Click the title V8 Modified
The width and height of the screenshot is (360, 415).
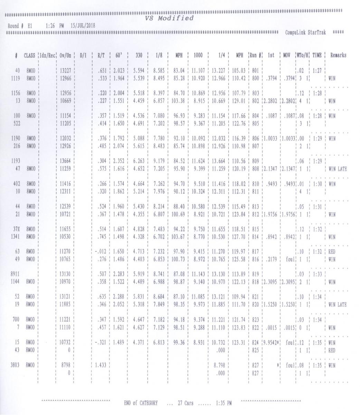[x=169, y=19]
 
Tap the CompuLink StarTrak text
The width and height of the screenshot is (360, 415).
[x=305, y=32]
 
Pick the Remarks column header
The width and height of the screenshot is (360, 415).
[x=338, y=55]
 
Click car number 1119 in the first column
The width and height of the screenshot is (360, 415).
[x=16, y=78]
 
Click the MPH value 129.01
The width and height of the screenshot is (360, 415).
[x=239, y=101]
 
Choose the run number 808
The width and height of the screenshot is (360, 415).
[x=255, y=169]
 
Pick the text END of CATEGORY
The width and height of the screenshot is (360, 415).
[x=141, y=403]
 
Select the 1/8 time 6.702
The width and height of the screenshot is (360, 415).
[x=159, y=237]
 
